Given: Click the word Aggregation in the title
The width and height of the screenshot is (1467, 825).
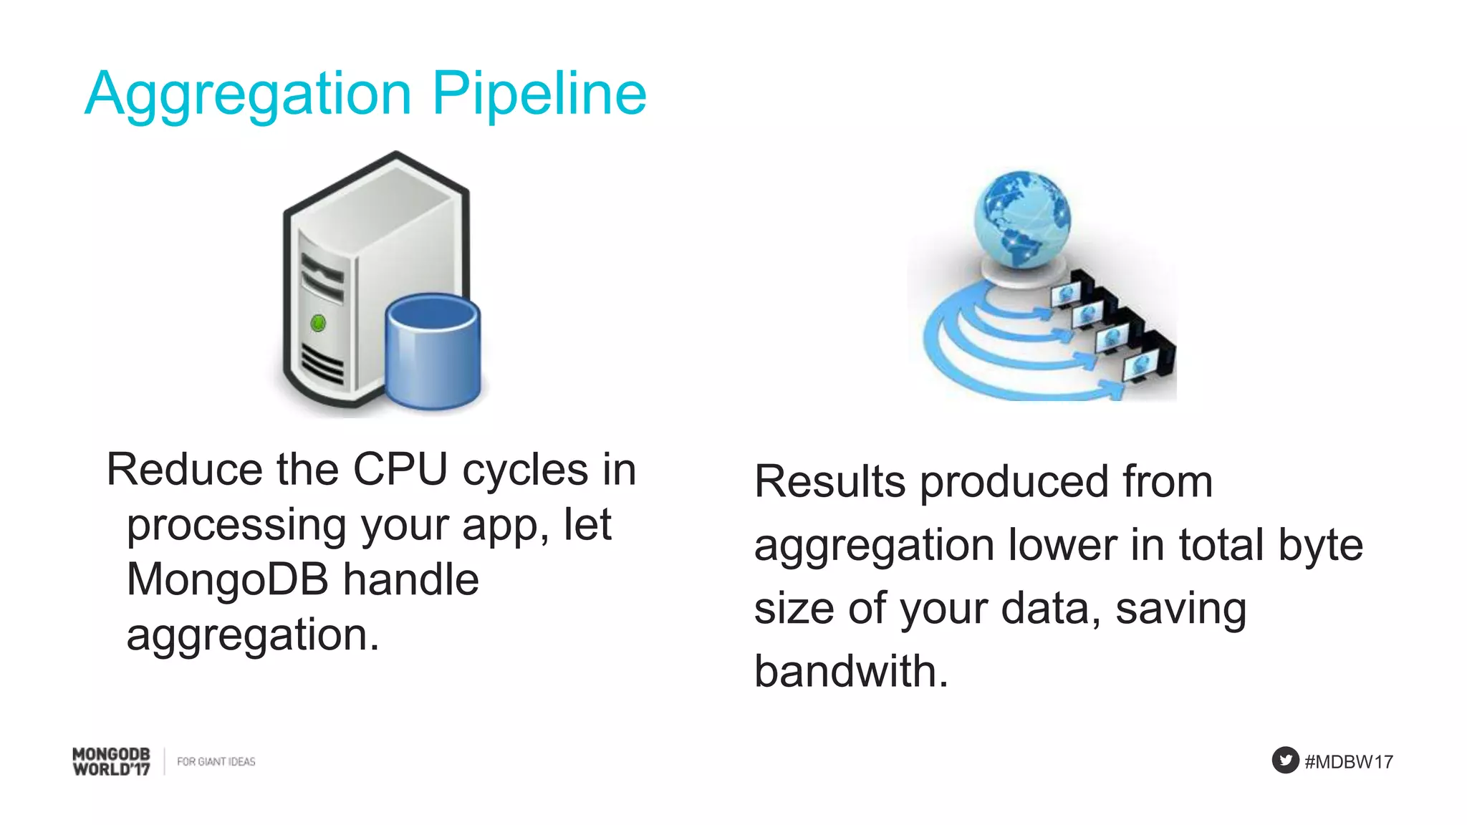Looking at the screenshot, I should pos(247,95).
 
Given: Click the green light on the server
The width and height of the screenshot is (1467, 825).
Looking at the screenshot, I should pos(318,324).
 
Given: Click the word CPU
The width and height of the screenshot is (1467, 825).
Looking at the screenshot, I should pos(400,471).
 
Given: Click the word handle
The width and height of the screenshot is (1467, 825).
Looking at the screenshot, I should pos(410,579).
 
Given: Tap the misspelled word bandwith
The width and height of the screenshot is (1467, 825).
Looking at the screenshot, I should pos(851,672).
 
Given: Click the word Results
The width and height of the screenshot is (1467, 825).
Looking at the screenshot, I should pos(829,481).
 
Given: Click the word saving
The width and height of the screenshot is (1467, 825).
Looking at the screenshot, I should pos(1180,609).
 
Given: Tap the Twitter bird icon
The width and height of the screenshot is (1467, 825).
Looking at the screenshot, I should pos(1285,760).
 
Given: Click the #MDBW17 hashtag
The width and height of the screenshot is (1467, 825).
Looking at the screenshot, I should pos(1348,762).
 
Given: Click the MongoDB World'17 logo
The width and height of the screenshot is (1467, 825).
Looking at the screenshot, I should pos(111,761).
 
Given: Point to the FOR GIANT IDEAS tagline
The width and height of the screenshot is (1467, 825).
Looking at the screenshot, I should pos(216,762).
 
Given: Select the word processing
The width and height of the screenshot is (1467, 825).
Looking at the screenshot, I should pos(236,525).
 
